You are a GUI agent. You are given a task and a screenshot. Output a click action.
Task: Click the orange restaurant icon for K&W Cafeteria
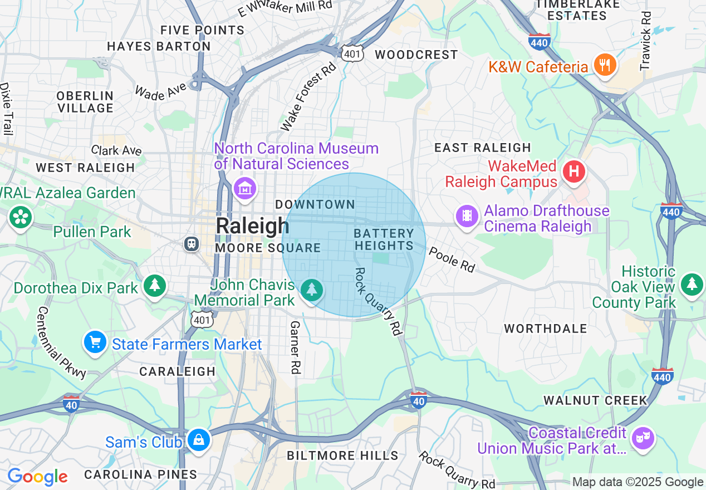[x=604, y=65]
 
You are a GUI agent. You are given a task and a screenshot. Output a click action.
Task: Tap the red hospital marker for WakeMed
[x=574, y=171]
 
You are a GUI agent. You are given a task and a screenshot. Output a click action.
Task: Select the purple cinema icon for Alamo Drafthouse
[x=467, y=215]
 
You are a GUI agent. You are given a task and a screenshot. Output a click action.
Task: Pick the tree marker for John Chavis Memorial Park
[x=312, y=290]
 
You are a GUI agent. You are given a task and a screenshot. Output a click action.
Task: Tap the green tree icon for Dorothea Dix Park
[x=155, y=286]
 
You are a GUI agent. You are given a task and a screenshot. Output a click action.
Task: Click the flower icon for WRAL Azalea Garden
[x=21, y=217]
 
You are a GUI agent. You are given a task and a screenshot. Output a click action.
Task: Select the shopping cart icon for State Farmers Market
[x=95, y=342]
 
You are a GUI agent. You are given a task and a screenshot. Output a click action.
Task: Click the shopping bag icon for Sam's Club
[x=198, y=440]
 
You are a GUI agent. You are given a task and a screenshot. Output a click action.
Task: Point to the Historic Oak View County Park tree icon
[x=692, y=283]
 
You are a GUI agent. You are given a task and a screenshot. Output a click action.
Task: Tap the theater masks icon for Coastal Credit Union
[x=644, y=439]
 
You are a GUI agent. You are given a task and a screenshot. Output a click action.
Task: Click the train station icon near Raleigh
[x=192, y=243]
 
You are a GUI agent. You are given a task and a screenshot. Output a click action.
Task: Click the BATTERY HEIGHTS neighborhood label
[x=384, y=239]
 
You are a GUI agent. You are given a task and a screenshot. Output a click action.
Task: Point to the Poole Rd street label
[x=452, y=261]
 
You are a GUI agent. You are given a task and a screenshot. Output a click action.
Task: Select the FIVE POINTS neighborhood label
[x=202, y=30]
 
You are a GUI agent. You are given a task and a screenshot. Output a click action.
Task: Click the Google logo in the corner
[x=37, y=477]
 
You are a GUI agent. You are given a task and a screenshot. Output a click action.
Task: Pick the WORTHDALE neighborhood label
[x=545, y=329]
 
